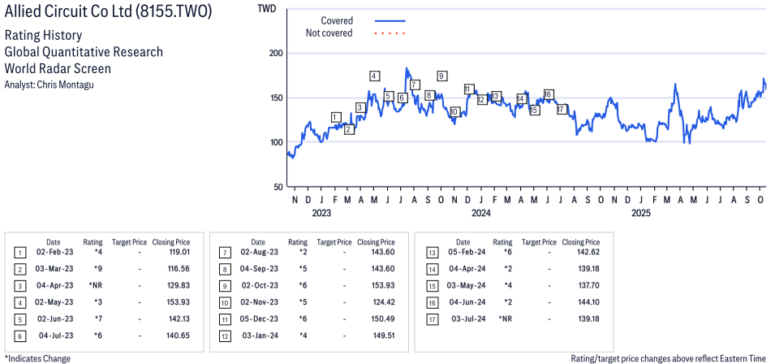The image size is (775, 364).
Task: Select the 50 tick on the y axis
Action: click(x=278, y=187)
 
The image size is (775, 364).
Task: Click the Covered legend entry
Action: click(x=337, y=20)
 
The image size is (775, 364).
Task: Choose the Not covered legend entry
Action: click(x=329, y=33)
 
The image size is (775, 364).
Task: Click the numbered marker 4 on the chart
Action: click(x=374, y=76)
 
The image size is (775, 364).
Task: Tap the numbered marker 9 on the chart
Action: click(x=441, y=76)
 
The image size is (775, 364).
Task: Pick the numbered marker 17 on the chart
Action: click(x=561, y=110)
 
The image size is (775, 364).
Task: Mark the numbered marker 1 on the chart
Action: click(x=336, y=117)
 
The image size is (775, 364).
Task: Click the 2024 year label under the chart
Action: click(x=481, y=214)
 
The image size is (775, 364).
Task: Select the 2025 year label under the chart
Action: click(x=641, y=214)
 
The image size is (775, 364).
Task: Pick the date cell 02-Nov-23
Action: click(x=258, y=303)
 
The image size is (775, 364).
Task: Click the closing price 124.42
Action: click(x=379, y=303)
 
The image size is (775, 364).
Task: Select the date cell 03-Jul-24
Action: click(x=463, y=318)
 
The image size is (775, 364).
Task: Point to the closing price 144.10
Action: click(x=583, y=303)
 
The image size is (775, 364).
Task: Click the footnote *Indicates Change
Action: click(x=38, y=358)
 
